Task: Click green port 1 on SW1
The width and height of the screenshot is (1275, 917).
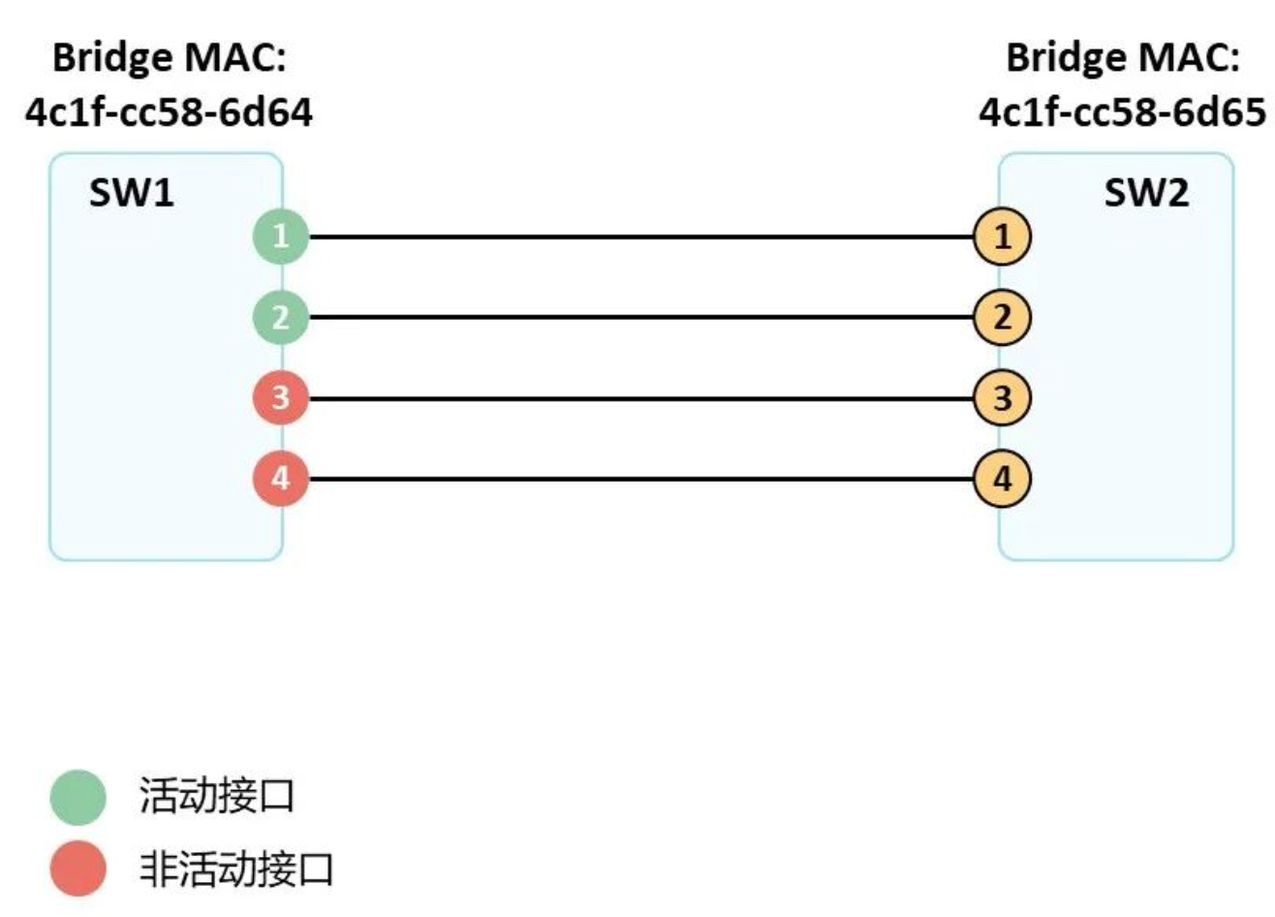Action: point(281,237)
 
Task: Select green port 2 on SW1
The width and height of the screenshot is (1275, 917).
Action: point(281,318)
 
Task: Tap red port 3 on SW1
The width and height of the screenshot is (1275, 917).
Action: point(281,398)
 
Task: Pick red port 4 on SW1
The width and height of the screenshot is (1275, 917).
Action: point(281,479)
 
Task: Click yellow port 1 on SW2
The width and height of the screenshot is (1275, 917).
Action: point(1003,237)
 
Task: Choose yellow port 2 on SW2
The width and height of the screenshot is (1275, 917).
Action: point(1003,318)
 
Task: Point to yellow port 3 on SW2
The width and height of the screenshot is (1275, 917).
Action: point(1003,398)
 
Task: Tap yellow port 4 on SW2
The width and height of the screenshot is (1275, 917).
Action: point(1003,479)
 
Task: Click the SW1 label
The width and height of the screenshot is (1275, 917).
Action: point(132,194)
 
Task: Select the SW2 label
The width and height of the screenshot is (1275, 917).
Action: point(1146,194)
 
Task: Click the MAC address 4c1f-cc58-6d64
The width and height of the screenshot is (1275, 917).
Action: point(170,113)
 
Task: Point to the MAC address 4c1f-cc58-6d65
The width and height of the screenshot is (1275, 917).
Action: point(1123,113)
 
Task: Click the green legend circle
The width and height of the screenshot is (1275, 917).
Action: point(78,797)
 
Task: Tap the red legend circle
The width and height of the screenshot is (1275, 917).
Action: point(78,869)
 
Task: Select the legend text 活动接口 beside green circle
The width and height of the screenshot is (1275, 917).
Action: point(216,797)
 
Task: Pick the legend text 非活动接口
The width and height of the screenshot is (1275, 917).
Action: point(236,869)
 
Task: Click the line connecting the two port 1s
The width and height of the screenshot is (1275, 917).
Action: point(639,237)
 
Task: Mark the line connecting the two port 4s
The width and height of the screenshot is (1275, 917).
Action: point(639,479)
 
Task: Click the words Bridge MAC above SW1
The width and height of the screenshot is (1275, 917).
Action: point(170,58)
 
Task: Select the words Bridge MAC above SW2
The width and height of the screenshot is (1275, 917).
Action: point(1123,58)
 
